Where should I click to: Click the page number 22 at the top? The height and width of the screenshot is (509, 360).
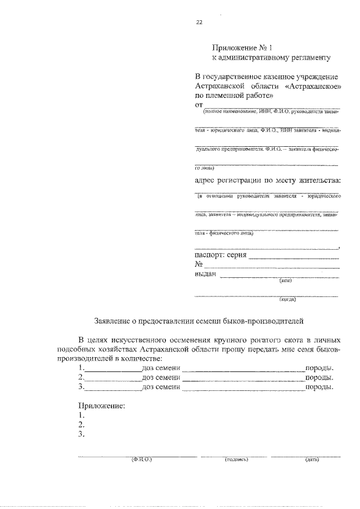(x=199, y=23)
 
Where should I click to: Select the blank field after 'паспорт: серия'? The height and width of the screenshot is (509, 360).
(x=294, y=258)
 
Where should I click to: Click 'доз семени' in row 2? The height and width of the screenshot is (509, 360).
(x=161, y=377)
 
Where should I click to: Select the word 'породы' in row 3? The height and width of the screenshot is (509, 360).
(x=318, y=387)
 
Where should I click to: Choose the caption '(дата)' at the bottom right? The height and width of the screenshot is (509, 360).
(x=311, y=460)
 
